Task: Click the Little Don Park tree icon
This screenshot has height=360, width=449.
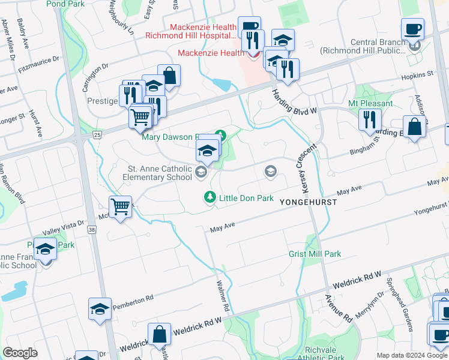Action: tap(209, 197)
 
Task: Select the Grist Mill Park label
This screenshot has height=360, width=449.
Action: tap(315, 254)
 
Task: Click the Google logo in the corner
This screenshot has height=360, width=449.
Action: tap(20, 353)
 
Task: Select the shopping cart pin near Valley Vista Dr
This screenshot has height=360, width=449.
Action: tap(121, 207)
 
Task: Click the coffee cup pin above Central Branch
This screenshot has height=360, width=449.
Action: tap(413, 29)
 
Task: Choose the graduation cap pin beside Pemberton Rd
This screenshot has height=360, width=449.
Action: tap(100, 309)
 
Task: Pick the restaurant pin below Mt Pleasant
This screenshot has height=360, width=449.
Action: tap(370, 119)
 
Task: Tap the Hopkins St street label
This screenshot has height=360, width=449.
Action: tap(417, 74)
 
